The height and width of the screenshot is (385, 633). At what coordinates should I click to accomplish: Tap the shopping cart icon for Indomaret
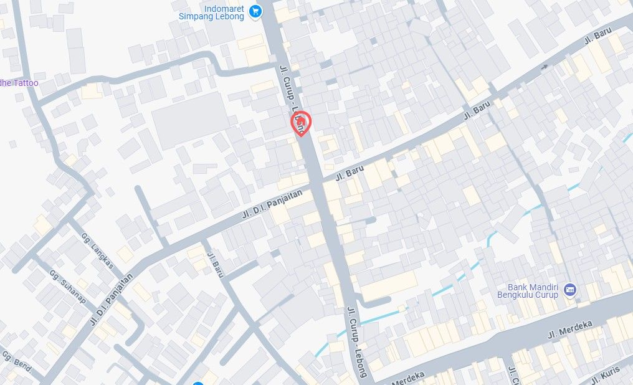pyautogui.click(x=254, y=11)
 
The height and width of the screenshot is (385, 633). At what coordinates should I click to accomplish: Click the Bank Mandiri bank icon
pyautogui.click(x=569, y=290)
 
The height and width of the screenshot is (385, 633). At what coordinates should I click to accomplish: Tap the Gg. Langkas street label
pyautogui.click(x=98, y=250)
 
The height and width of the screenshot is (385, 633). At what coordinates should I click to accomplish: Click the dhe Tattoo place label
pyautogui.click(x=19, y=83)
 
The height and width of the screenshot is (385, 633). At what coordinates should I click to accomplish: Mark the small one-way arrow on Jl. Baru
pyautogui.click(x=545, y=67)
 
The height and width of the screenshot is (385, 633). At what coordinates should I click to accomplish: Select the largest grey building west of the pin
pyautogui.click(x=189, y=120)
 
